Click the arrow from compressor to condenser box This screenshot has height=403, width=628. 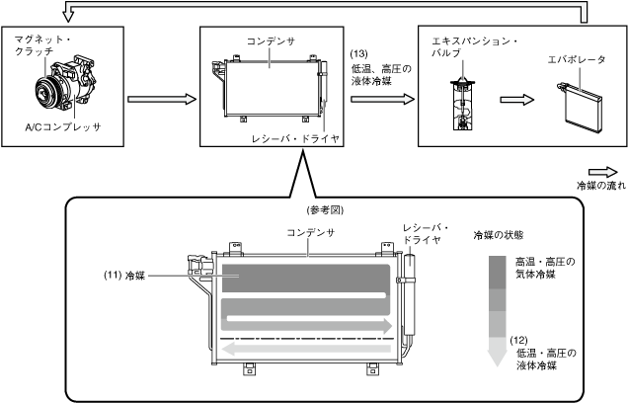point(156,100)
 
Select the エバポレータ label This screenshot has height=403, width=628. point(576,60)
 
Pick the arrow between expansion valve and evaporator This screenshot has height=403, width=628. point(511,100)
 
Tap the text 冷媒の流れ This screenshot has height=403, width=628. point(600,185)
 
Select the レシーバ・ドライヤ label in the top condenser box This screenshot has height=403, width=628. point(295,139)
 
